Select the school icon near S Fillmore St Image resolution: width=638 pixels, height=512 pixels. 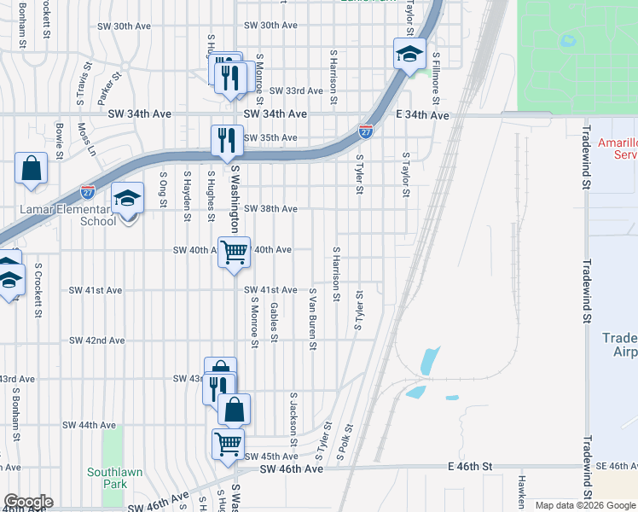click(409, 55)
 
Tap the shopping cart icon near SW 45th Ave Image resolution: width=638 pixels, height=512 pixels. click(229, 444)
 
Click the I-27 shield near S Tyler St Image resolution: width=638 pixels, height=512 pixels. click(365, 131)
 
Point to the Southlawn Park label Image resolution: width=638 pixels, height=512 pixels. click(107, 478)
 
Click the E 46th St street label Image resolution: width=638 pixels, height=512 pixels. click(470, 468)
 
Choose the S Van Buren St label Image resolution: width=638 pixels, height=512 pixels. click(313, 320)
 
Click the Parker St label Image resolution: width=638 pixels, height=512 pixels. click(111, 93)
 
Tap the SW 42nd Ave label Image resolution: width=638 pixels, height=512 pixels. click(98, 340)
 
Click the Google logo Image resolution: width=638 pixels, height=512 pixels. click(28, 502)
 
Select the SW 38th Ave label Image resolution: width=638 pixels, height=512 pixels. click(270, 209)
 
